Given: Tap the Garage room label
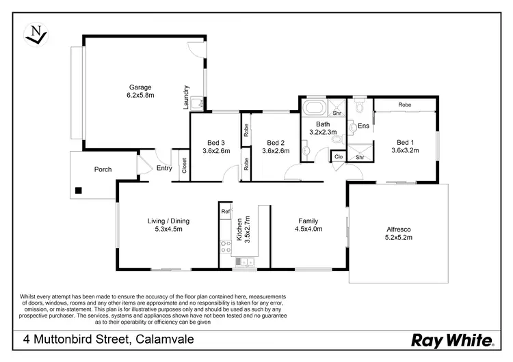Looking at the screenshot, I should coord(141,87).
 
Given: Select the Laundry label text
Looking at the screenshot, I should coord(185,97).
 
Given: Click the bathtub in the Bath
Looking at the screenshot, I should coord(315,109).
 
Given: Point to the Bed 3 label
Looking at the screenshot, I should coord(216,143).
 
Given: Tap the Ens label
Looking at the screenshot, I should coord(364,126).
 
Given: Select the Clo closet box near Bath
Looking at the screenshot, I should coord(338,156).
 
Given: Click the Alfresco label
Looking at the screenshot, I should coord(395,229).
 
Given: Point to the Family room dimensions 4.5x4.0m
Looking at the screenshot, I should coord(309,229).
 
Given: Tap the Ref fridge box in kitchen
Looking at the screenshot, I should coord(225,212).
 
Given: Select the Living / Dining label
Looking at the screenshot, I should coord(169,221).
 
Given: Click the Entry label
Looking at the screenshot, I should coord(164,168).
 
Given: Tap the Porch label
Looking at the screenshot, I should coord(103,169).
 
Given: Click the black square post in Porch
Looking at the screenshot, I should coord(79,190).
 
